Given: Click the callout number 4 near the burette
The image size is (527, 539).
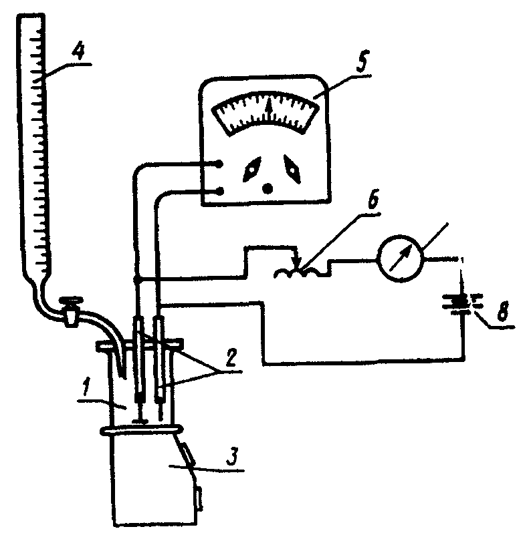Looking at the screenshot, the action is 78,53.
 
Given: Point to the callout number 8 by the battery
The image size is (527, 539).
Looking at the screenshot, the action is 503,311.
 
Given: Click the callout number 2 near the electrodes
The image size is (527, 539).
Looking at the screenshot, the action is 231,359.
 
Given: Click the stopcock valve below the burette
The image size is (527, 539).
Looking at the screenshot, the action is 71,311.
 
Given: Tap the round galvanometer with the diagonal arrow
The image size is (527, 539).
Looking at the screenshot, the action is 401,258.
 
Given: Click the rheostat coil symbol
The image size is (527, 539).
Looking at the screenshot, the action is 300,272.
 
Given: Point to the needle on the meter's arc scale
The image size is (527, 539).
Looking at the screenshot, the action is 269,107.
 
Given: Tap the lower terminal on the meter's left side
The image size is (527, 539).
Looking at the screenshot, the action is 219,191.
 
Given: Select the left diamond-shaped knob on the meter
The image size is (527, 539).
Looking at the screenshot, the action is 252,169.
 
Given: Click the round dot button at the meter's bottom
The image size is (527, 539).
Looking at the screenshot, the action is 268,188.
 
